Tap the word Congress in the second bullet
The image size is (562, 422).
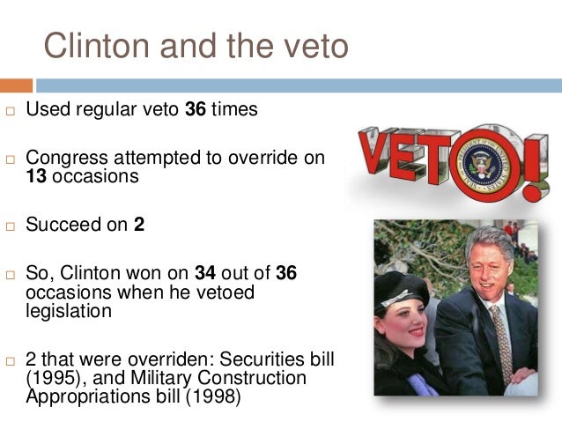[65, 159]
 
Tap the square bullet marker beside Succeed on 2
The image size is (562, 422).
[10, 226]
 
